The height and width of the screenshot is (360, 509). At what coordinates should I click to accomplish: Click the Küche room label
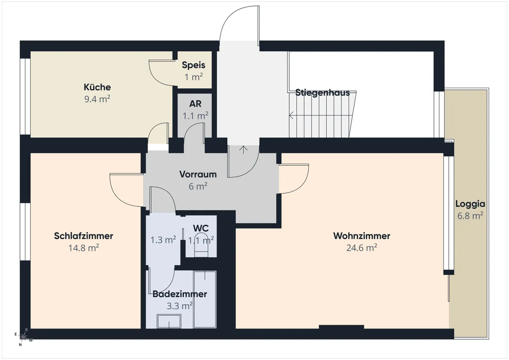tap(97, 87)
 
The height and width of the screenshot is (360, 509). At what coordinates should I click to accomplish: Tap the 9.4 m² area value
tap(97, 99)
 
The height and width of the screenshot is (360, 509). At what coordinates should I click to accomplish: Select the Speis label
tap(193, 65)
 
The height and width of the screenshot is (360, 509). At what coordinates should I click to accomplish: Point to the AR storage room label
tap(195, 104)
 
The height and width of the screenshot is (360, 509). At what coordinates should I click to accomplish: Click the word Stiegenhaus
tap(322, 93)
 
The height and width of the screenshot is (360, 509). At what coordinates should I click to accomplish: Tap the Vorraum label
tap(198, 174)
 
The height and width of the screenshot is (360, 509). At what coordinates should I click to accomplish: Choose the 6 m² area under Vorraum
tap(198, 186)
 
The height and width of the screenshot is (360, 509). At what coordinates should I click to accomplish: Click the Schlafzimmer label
tap(84, 236)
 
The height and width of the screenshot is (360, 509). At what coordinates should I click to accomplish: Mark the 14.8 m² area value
tap(84, 248)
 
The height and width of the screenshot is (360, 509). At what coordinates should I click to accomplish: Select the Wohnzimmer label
tap(362, 236)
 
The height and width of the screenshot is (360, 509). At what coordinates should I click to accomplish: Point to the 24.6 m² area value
tap(362, 248)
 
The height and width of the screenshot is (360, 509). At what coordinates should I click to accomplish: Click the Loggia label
tap(470, 204)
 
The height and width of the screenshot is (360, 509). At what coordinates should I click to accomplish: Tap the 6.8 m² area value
tap(470, 215)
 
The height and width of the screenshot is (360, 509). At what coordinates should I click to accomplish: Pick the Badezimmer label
tap(180, 294)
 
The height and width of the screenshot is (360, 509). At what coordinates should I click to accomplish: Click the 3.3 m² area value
tap(180, 306)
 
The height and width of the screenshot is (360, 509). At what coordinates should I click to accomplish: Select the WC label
tap(201, 228)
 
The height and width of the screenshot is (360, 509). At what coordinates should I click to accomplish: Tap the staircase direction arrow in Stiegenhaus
tap(321, 115)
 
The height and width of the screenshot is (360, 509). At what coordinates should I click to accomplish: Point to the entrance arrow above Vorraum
tap(243, 150)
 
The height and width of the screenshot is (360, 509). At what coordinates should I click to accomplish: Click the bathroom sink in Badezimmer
tap(169, 321)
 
